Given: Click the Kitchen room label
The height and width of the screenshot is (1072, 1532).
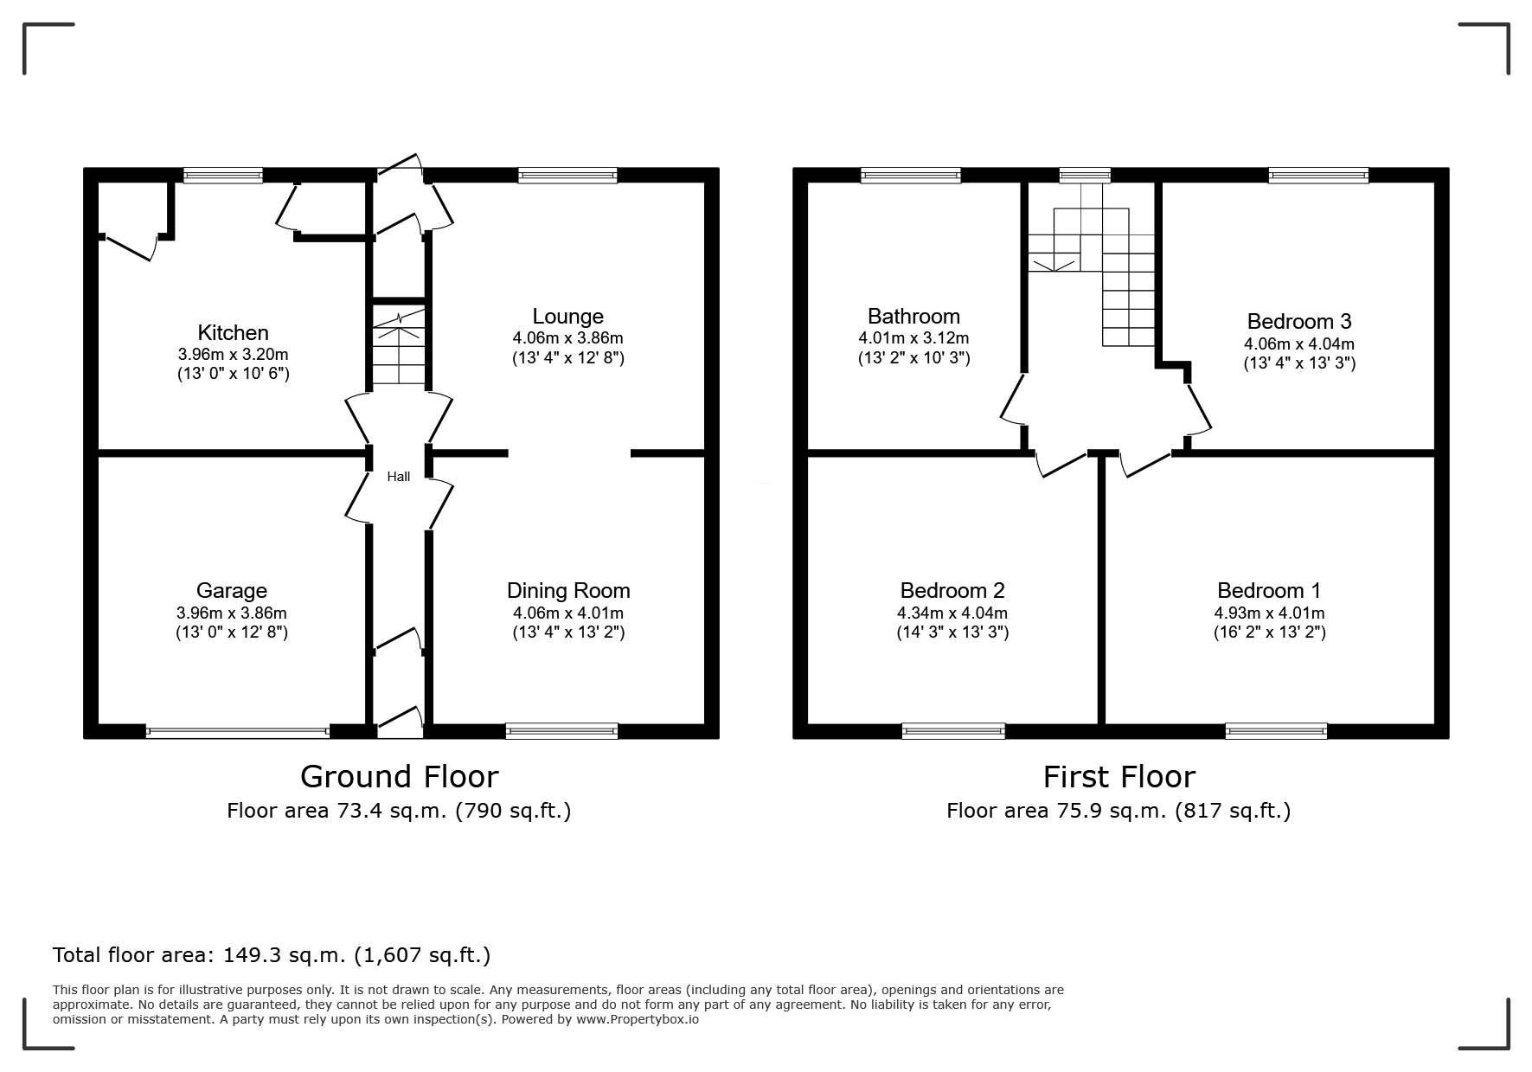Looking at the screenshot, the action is point(233,333).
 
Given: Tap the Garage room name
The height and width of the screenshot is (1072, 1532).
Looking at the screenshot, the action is point(231,591).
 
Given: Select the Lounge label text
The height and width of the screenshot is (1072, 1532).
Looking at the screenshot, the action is point(567,317).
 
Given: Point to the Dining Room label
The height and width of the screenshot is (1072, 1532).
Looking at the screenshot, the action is point(568,591).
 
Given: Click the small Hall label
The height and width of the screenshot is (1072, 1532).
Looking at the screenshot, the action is point(399,477).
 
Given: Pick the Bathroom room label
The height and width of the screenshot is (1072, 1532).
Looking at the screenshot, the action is point(913,317).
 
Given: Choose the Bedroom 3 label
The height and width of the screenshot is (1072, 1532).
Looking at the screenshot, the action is point(1299,322).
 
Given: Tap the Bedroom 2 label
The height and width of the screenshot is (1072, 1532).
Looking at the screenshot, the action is point(952,591).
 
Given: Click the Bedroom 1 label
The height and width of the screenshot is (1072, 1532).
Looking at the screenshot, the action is point(1269,591).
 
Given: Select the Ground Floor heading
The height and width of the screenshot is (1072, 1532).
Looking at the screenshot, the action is point(400,777).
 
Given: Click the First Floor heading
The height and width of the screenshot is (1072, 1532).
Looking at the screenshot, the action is point(1119,777).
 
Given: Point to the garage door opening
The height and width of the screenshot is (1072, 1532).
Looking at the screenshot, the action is point(238,732).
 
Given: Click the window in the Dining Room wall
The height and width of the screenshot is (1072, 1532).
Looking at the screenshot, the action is point(561,732).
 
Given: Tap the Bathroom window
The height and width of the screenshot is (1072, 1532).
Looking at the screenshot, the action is point(911,176).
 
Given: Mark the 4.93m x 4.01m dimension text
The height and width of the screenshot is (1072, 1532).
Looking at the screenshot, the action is point(1269,613).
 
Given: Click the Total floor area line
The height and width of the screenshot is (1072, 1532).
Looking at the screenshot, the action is point(272,955).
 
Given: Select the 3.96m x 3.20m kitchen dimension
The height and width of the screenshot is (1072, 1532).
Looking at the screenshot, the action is point(233,355).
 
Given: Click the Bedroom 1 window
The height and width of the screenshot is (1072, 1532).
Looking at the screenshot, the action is point(1276,732).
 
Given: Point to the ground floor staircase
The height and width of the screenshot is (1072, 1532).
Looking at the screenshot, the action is point(399,344).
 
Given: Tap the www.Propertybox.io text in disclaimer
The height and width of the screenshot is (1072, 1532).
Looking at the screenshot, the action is point(638,1019).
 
